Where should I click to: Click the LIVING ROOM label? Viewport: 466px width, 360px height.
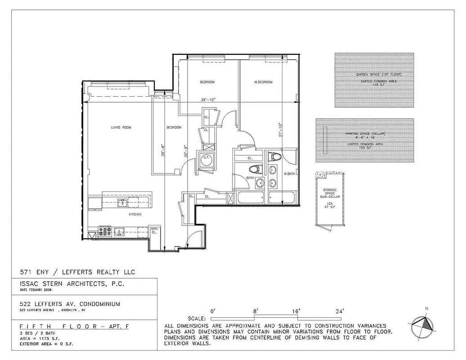click(x=121, y=128)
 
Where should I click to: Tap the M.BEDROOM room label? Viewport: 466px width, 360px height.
click(x=263, y=82)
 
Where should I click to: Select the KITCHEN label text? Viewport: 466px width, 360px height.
click(x=135, y=215)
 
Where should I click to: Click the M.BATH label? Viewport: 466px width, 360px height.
click(x=289, y=173)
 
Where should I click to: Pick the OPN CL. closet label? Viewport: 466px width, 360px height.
click(x=154, y=230)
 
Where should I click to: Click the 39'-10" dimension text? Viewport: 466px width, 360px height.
click(x=208, y=100)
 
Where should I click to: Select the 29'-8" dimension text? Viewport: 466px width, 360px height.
click(x=162, y=150)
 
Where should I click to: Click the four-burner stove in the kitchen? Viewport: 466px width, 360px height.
click(x=104, y=232)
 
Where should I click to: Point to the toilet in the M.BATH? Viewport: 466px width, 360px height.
click(x=274, y=157)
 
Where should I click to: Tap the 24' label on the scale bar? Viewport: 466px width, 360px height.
click(x=340, y=311)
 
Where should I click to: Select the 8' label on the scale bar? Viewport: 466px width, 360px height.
click(x=255, y=311)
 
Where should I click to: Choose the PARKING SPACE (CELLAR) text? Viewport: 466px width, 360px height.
click(x=365, y=134)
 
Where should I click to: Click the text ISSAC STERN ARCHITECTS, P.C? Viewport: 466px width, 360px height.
click(x=72, y=284)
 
